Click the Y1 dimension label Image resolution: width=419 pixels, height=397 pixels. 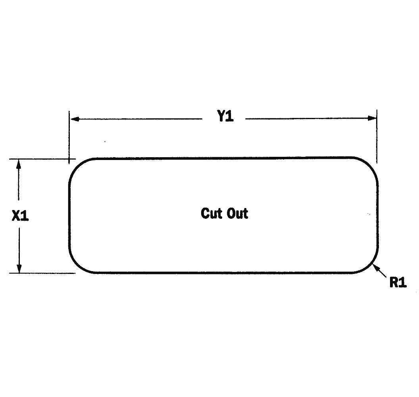tap(225, 116)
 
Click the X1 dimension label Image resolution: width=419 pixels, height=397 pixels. tap(20, 215)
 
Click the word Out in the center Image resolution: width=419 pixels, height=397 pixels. tap(237, 213)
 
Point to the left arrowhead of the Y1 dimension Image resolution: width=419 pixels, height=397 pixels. tap(75, 119)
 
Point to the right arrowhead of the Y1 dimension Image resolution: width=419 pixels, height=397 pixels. tap(372, 118)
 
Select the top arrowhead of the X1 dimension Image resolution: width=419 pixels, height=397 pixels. tap(18, 164)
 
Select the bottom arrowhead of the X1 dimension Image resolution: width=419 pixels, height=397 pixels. tap(19, 268)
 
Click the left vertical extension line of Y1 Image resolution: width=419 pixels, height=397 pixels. tap(69, 137)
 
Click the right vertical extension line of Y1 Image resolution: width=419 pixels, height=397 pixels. tap(377, 136)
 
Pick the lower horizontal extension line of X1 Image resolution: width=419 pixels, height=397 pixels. tap(42, 273)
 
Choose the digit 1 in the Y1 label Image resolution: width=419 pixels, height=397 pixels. tap(230, 116)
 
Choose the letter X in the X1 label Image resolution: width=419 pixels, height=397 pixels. tap(16, 215)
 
